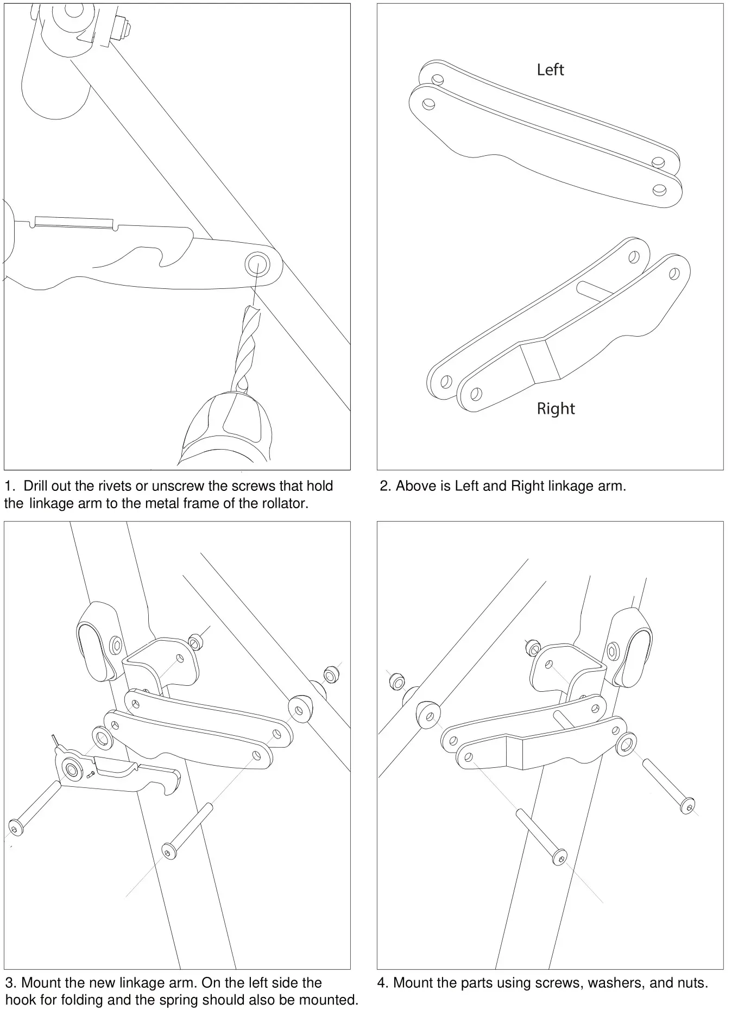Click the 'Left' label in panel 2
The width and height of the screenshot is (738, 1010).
pos(550,70)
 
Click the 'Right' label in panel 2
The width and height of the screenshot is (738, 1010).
pos(555,408)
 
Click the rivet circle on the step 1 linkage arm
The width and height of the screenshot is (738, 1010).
pos(256,264)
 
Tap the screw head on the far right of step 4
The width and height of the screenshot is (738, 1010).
pos(687,805)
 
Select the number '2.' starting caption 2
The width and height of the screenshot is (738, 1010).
pos(385,486)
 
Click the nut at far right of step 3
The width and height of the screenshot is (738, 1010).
pos(331,676)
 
